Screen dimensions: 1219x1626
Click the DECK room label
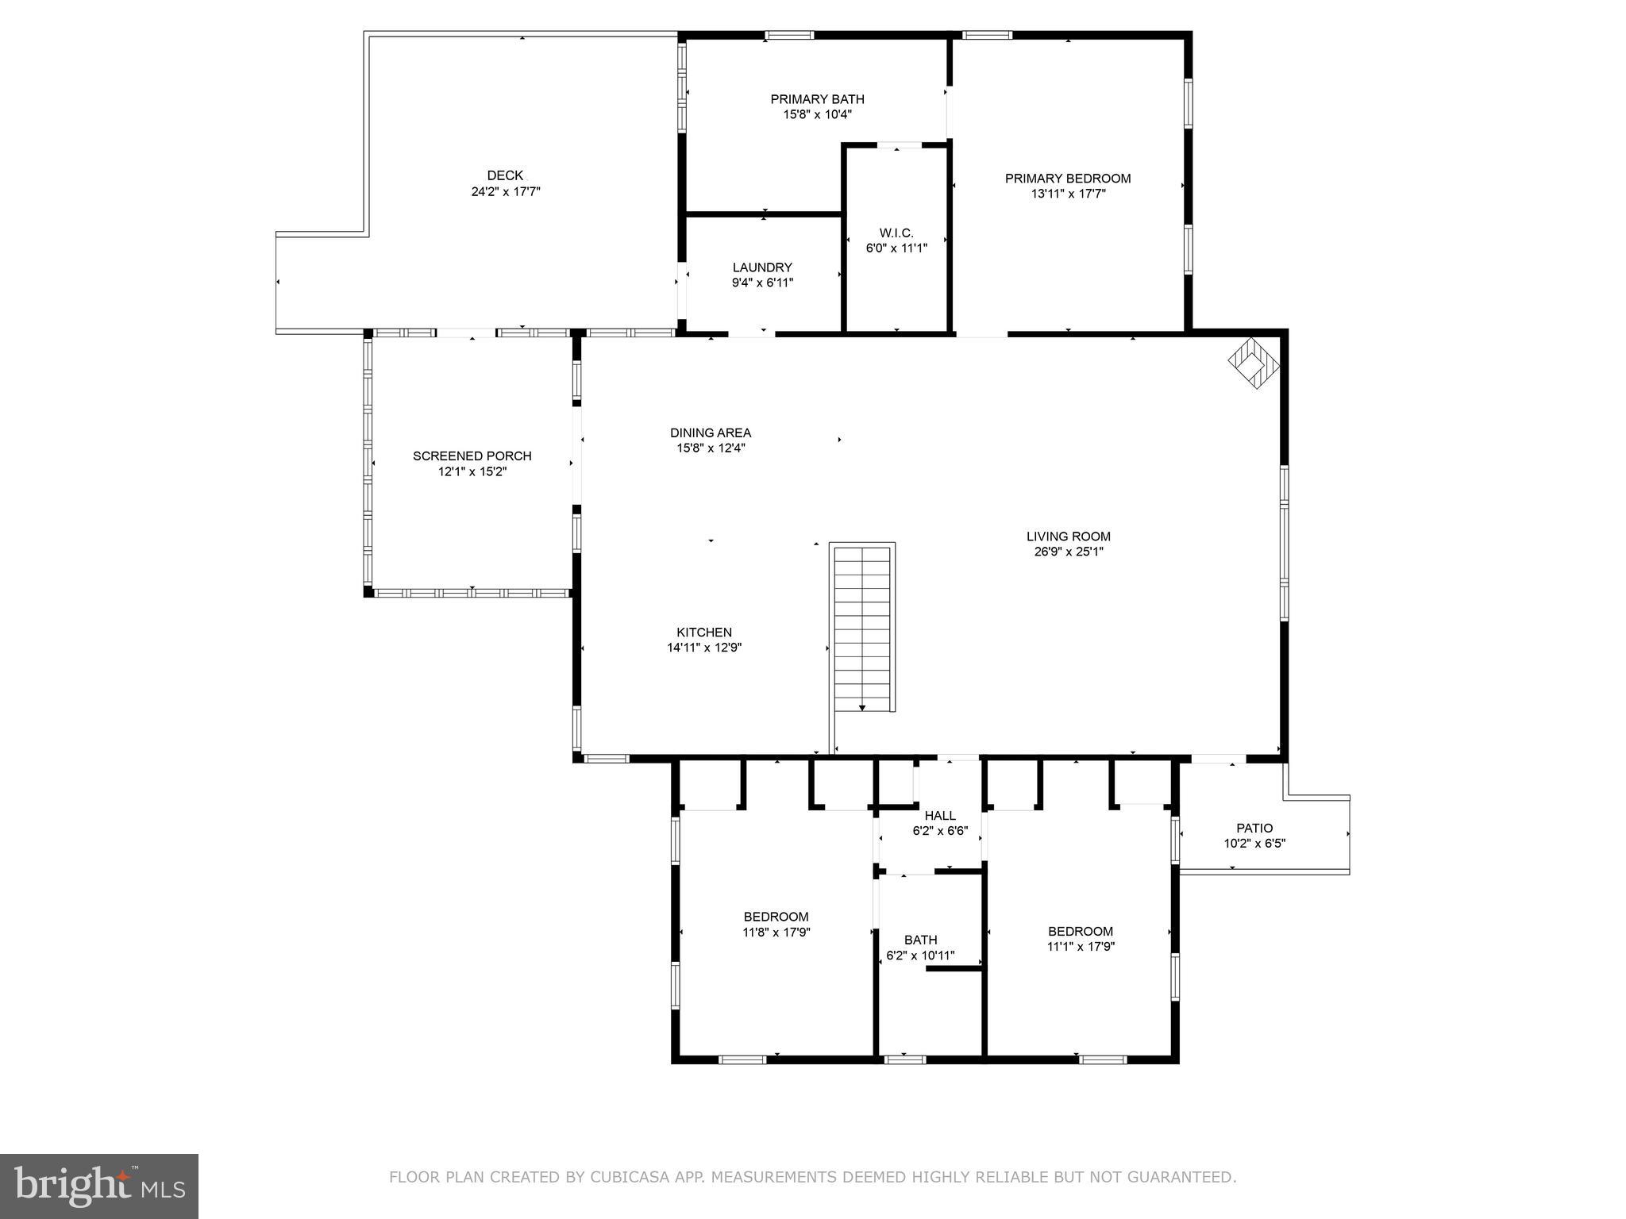pyautogui.click(x=505, y=175)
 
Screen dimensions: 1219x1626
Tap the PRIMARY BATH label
pyautogui.click(x=817, y=99)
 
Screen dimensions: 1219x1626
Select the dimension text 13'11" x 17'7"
pyautogui.click(x=1067, y=194)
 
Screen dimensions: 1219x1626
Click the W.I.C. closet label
pyautogui.click(x=896, y=233)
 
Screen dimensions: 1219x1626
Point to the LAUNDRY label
pyautogui.click(x=762, y=267)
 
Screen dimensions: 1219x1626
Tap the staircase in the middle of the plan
pyautogui.click(x=862, y=627)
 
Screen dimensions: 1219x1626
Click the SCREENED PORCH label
pyautogui.click(x=472, y=456)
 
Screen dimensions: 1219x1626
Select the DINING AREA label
pyautogui.click(x=711, y=433)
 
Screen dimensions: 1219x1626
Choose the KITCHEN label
pyautogui.click(x=704, y=633)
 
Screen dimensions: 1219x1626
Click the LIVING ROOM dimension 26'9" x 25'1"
pyautogui.click(x=1068, y=552)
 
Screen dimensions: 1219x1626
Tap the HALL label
pyautogui.click(x=940, y=816)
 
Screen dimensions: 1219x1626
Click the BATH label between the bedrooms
pyautogui.click(x=920, y=940)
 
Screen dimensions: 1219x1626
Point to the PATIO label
pyautogui.click(x=1254, y=828)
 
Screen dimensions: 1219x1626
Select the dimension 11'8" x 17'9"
pyautogui.click(x=776, y=933)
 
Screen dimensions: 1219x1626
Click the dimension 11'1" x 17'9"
pyautogui.click(x=1080, y=947)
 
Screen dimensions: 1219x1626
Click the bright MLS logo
pyautogui.click(x=99, y=1186)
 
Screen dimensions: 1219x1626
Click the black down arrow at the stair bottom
pyautogui.click(x=862, y=708)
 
